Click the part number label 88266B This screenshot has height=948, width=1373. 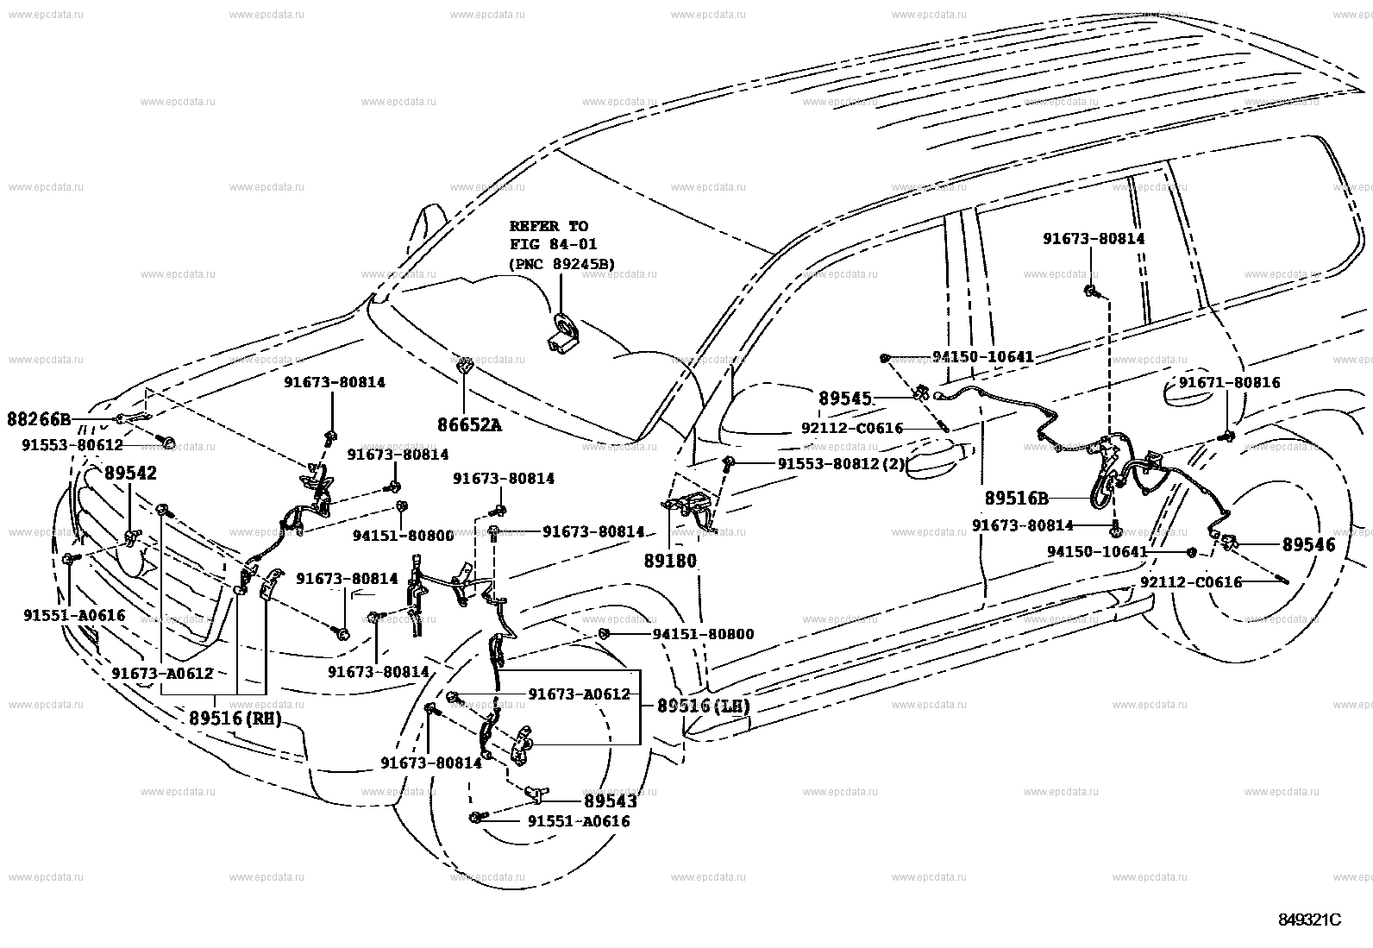[x=39, y=419]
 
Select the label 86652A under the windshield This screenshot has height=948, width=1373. [x=469, y=424]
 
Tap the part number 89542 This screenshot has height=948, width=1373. [x=130, y=473]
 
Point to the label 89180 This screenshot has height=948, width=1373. [x=670, y=561]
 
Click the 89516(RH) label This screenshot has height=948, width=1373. [x=235, y=718]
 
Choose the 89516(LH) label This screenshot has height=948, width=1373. [x=703, y=706]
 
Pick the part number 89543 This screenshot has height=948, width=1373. [x=610, y=801]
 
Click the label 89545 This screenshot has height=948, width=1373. [x=844, y=399]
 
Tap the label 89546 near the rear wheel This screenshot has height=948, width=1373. [x=1308, y=544]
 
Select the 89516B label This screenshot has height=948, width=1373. [x=1016, y=499]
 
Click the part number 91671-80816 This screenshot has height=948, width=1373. [x=1229, y=383]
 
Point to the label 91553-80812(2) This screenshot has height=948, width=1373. [x=841, y=463]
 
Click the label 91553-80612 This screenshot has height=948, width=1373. [x=72, y=444]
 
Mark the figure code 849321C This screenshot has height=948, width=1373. [x=1309, y=920]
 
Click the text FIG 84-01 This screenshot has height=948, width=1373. [x=553, y=244]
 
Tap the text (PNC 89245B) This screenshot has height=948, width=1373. [x=561, y=264]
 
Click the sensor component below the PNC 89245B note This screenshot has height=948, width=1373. [x=562, y=335]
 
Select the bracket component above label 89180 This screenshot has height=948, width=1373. [x=690, y=508]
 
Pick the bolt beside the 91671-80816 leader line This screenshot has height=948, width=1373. [x=1227, y=436]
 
